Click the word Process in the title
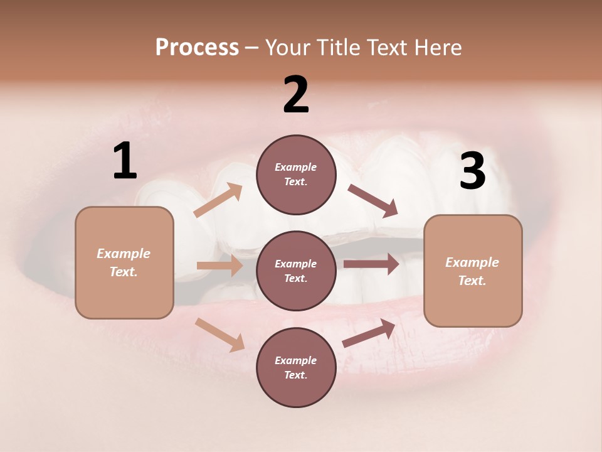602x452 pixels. click(197, 47)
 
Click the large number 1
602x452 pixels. click(125, 161)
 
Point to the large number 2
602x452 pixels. click(296, 95)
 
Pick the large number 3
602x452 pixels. click(472, 171)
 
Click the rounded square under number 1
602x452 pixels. click(124, 262)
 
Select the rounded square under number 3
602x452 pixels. click(473, 271)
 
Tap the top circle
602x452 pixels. click(296, 175)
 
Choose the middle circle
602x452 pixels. click(296, 271)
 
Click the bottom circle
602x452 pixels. click(296, 367)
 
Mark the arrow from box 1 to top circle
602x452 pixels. click(218, 200)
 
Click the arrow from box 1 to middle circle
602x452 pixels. click(219, 266)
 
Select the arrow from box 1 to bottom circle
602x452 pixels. click(219, 335)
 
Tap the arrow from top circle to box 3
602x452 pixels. click(372, 201)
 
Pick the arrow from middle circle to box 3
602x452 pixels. click(371, 264)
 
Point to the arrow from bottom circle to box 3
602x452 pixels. click(369, 333)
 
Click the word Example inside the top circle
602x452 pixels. click(296, 167)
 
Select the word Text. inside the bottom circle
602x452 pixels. click(296, 375)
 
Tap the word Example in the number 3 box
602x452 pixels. click(472, 262)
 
